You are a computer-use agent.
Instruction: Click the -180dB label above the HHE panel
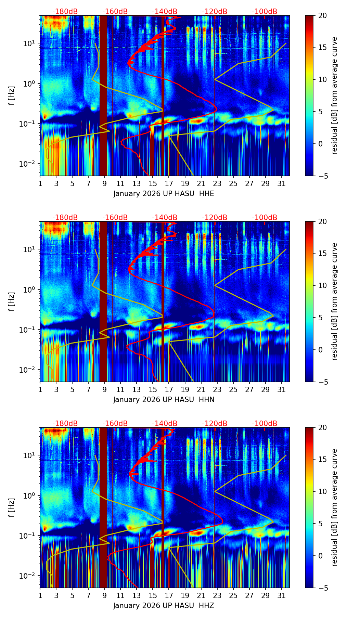[x=65, y=12]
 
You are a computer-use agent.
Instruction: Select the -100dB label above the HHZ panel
[x=265, y=424]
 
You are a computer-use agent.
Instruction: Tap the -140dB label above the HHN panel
[x=165, y=218]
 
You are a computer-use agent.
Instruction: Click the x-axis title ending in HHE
[x=164, y=194]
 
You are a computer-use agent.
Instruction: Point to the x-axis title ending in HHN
[x=164, y=400]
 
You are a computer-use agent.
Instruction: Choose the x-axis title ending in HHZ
[x=164, y=606]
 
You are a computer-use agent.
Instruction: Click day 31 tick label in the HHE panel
[x=282, y=183]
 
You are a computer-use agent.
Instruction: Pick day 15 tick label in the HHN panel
[x=153, y=389]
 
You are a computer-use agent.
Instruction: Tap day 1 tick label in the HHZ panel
[x=40, y=595]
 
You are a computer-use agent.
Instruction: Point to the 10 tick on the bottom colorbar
[x=322, y=491]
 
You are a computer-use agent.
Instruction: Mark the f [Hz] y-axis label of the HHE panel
[x=12, y=96]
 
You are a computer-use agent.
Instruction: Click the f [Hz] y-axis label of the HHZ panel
[x=12, y=508]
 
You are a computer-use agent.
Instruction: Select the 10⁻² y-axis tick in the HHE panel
[x=29, y=164]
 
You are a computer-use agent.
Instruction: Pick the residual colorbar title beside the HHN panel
[x=335, y=301]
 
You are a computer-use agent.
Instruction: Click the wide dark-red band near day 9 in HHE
[x=103, y=96]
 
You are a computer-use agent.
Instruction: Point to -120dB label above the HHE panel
[x=215, y=12]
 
